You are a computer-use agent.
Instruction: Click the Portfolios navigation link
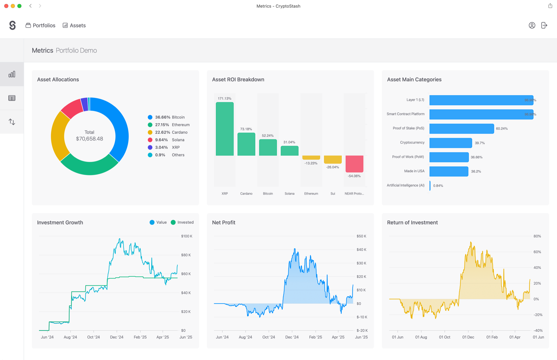(x=41, y=25)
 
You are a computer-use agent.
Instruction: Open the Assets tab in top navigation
(x=74, y=25)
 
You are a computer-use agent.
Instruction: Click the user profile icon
(x=532, y=25)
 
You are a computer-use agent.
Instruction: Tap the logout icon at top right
(x=544, y=25)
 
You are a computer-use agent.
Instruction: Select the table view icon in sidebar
(x=12, y=98)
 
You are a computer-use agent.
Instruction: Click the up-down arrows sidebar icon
(x=12, y=122)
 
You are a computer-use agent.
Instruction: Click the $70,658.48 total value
(x=89, y=139)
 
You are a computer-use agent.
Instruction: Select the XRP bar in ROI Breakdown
(x=224, y=129)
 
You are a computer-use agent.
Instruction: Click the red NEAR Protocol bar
(x=354, y=164)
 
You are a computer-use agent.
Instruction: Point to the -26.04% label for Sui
(x=333, y=167)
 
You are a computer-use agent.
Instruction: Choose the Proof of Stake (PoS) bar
(x=461, y=129)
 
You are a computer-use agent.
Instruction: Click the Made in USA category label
(x=414, y=171)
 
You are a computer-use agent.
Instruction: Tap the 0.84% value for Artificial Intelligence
(x=438, y=186)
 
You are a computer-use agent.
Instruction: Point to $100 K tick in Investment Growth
(x=187, y=236)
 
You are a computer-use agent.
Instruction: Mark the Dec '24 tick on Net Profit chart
(x=292, y=337)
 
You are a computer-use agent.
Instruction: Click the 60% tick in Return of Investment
(x=537, y=252)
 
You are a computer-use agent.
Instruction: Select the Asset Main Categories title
(x=414, y=79)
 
